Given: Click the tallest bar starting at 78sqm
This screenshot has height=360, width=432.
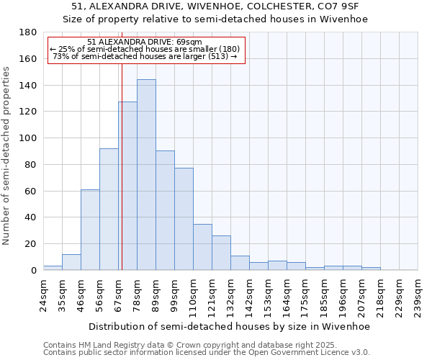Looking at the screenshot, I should click(146, 175).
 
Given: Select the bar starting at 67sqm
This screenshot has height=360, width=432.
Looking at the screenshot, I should click(127, 186).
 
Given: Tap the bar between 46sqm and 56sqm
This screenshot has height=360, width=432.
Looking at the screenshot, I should click(90, 230).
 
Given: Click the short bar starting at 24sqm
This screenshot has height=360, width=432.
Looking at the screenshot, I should click(53, 268).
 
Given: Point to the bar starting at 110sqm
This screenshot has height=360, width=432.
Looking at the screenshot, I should click(202, 247).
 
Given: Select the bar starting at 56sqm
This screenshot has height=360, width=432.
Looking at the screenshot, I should click(109, 209).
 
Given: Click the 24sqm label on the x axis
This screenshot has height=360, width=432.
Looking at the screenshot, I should click(43, 292).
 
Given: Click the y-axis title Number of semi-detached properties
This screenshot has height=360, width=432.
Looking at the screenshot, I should click(6, 155).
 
